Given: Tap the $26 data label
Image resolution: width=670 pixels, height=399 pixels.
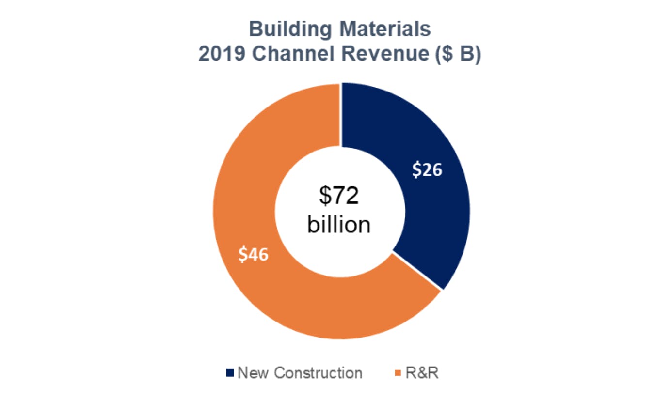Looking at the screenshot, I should (x=427, y=169).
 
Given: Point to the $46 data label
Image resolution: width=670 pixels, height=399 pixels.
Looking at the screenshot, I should (x=253, y=254).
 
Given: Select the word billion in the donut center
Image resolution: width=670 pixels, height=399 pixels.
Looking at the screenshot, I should (x=339, y=225).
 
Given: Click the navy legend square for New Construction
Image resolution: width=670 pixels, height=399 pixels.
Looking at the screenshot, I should (x=230, y=373).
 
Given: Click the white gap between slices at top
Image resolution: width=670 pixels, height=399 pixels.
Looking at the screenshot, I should (x=340, y=114).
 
